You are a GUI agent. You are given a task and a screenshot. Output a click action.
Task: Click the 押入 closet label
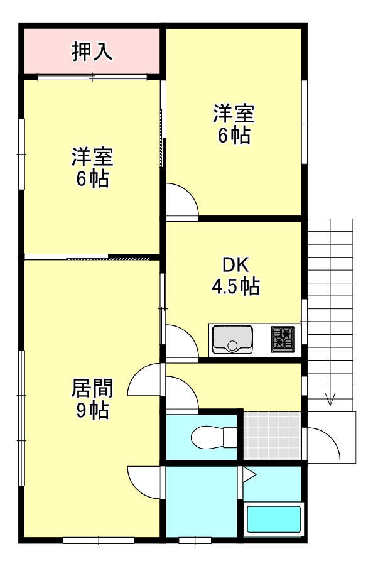tap(92, 52)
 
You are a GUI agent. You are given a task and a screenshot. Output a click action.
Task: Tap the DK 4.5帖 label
tap(236, 275)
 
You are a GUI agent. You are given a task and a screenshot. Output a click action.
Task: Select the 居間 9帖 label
tap(92, 399)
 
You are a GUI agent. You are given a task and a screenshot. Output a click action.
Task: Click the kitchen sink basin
tap(232, 339)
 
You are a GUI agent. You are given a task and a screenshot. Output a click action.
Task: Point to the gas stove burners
tap(283, 339)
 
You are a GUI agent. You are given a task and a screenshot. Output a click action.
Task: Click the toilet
tap(214, 437)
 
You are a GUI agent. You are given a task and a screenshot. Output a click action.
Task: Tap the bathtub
tap(274, 519)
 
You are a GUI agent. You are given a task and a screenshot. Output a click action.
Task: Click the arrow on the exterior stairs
tap(330, 399)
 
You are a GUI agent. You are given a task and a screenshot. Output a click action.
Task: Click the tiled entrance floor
tap(273, 435)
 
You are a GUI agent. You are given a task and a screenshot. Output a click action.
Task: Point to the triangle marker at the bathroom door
tap(249, 475)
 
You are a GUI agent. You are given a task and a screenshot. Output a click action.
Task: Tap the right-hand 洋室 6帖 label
tap(234, 124)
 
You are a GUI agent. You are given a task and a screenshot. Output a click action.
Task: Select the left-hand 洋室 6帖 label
tap(92, 167)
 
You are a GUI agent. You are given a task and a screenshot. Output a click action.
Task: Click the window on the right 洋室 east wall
tap(305, 122)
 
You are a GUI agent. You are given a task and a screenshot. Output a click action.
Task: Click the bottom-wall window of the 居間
tap(99, 540)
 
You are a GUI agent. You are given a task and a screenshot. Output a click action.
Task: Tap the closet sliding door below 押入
tap(92, 77)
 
